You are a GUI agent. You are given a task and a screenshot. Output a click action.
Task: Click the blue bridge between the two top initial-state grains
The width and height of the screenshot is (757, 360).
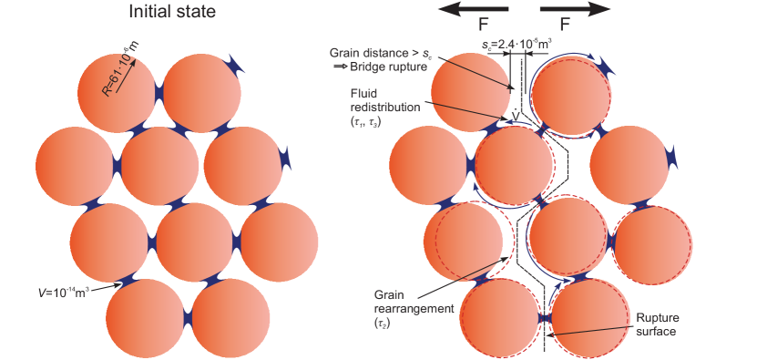[159, 93]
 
